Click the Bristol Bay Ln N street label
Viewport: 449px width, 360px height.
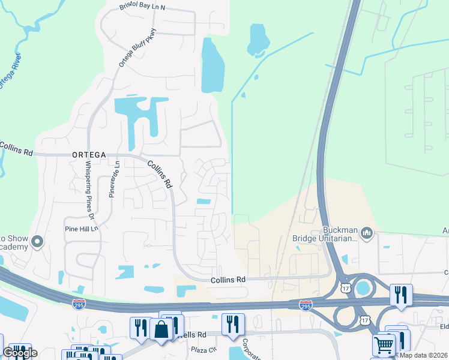(x=142, y=8)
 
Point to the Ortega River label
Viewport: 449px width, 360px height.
(x=10, y=72)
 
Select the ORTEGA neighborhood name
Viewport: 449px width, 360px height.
(x=89, y=154)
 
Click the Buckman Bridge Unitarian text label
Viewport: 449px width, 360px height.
(x=325, y=233)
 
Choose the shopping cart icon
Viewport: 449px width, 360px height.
(x=383, y=345)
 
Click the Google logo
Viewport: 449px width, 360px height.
(x=19, y=353)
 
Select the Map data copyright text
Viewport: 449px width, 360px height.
(x=424, y=355)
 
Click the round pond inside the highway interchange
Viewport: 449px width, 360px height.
(x=363, y=288)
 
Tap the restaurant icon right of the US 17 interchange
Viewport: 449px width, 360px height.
(x=400, y=295)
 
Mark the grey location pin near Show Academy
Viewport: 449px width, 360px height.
(x=37, y=242)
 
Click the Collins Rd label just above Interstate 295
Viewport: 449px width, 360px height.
(x=228, y=280)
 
